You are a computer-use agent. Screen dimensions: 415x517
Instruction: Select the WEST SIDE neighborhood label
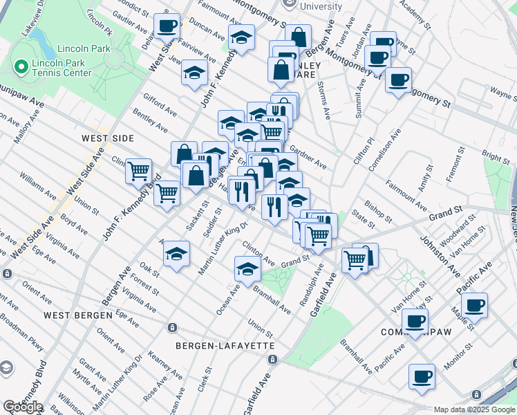pos(107,138)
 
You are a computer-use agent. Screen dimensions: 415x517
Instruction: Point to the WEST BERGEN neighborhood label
pos(77,315)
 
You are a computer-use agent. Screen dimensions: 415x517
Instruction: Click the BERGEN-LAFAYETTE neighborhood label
pos(216,345)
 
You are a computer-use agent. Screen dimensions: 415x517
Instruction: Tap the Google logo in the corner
pos(23,407)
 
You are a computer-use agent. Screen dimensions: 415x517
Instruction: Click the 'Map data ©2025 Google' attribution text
pos(473,409)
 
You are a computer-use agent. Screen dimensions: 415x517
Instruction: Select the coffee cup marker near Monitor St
pos(422,378)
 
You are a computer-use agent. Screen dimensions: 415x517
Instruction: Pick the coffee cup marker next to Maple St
pos(474,306)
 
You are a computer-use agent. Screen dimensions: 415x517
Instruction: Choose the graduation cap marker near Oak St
pos(177,254)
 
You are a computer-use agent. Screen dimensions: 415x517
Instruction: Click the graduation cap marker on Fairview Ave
pos(195,73)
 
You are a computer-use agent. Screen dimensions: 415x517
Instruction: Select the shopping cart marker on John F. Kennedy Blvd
pos(167,194)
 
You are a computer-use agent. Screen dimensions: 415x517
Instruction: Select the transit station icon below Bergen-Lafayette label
pos(273,360)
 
